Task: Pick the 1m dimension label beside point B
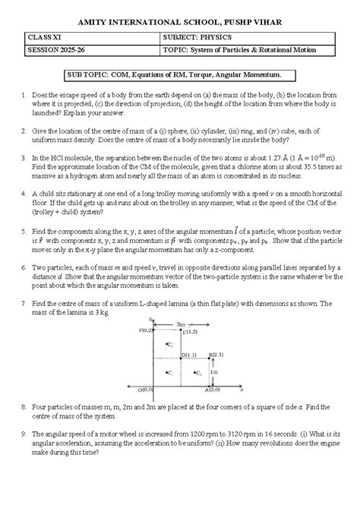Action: point(215,373)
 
